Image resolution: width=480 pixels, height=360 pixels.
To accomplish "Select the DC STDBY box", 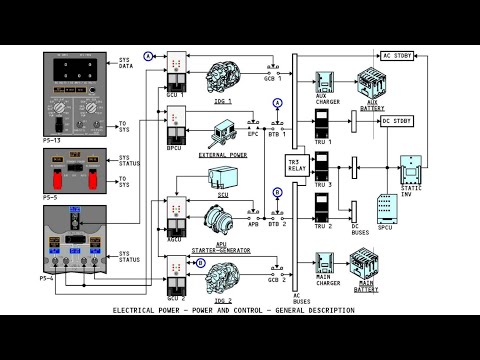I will click(x=396, y=121).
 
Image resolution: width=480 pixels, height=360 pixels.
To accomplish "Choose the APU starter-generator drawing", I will click(x=223, y=222).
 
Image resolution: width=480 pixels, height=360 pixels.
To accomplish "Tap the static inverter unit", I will click(x=412, y=170).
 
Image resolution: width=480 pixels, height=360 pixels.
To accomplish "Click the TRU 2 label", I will click(x=322, y=227).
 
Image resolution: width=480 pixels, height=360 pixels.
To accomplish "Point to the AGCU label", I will click(x=176, y=239).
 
